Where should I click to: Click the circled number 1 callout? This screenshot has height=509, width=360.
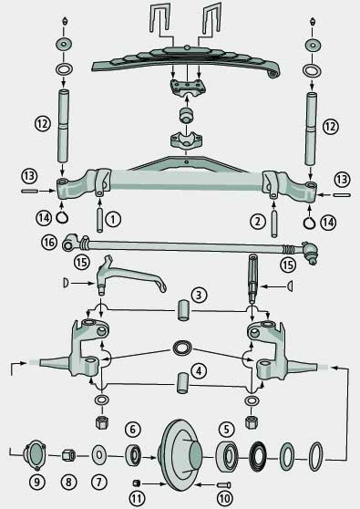pyautogui.click(x=112, y=220)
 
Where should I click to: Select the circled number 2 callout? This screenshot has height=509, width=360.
pyautogui.click(x=258, y=222)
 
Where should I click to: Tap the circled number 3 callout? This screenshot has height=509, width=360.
pyautogui.click(x=199, y=295)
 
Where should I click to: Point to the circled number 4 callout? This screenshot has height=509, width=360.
pyautogui.click(x=199, y=370)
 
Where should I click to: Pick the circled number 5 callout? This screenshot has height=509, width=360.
pyautogui.click(x=226, y=430)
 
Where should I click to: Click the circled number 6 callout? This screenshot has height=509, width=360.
pyautogui.click(x=133, y=430)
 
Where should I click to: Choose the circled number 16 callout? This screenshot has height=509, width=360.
pyautogui.click(x=49, y=242)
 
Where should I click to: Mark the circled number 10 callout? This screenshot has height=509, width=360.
pyautogui.click(x=224, y=499)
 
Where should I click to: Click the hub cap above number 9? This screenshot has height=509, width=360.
pyautogui.click(x=35, y=455)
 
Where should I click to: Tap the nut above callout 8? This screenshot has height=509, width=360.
pyautogui.click(x=68, y=455)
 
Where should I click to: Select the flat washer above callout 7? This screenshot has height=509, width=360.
pyautogui.click(x=99, y=455)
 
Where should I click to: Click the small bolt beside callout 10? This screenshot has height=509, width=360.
pyautogui.click(x=224, y=485)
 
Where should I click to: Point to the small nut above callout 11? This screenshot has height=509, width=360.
pyautogui.click(x=137, y=483)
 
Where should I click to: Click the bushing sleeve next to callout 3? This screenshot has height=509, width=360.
pyautogui.click(x=184, y=310)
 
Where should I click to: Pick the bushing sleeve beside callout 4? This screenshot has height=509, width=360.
pyautogui.click(x=183, y=383)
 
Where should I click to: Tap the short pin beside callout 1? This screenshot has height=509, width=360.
pyautogui.click(x=100, y=220)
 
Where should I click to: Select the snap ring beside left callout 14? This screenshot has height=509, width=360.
pyautogui.click(x=62, y=216)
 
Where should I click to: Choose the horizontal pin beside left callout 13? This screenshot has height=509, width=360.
pyautogui.click(x=30, y=192)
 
